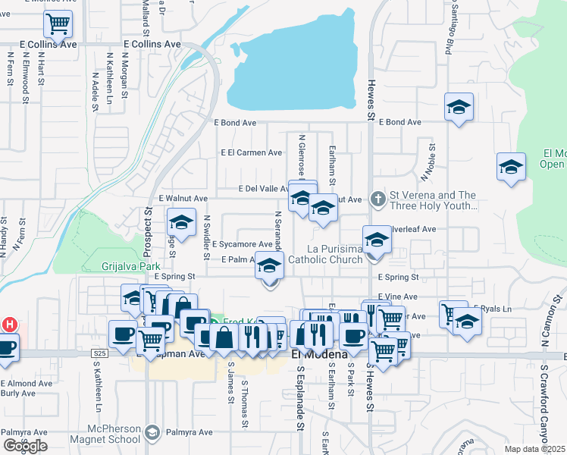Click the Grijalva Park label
(x=131, y=267)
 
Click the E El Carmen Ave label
(x=251, y=152)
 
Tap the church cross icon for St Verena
(x=377, y=199)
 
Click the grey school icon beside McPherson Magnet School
(x=152, y=431)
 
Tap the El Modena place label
(x=319, y=354)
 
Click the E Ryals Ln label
(x=492, y=309)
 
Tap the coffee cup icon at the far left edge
(x=6, y=348)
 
